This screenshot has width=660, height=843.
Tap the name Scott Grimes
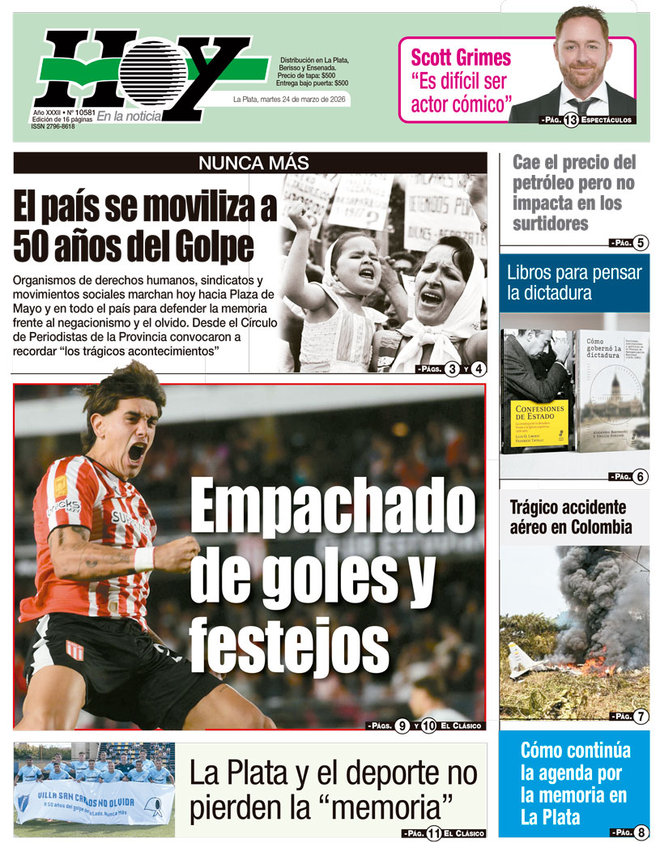coord(461,58)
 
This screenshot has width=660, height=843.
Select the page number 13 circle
coord(571,121)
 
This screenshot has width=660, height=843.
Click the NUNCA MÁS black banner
coord(250,163)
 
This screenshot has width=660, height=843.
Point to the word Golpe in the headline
coord(208,246)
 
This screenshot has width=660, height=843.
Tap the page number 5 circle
coord(641,243)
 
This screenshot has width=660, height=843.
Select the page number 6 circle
coord(641,477)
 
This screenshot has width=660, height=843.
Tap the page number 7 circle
coord(641,717)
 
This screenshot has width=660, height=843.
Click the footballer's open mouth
coord(137,452)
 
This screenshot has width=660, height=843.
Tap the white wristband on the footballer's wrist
coord(144,559)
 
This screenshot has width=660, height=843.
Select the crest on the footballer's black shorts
coord(75,650)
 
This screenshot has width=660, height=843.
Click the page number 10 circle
coord(429,726)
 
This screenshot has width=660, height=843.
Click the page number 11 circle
coord(432,832)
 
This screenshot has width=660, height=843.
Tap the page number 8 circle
coord(641,832)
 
